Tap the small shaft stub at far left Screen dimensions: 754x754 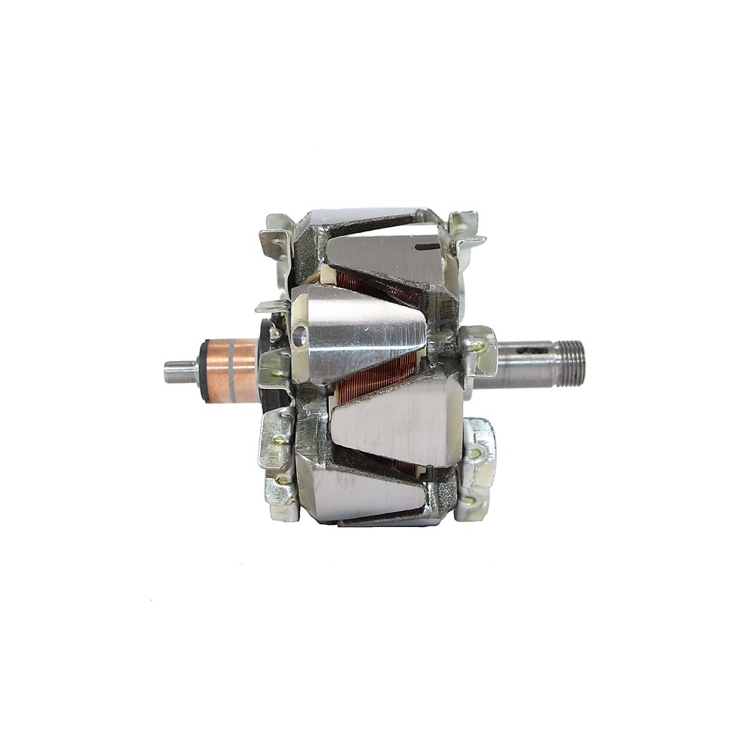(179, 371)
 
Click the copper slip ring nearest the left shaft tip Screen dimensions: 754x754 (216, 370)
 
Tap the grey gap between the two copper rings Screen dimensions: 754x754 (231, 370)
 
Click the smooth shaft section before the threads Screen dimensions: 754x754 (520, 364)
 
